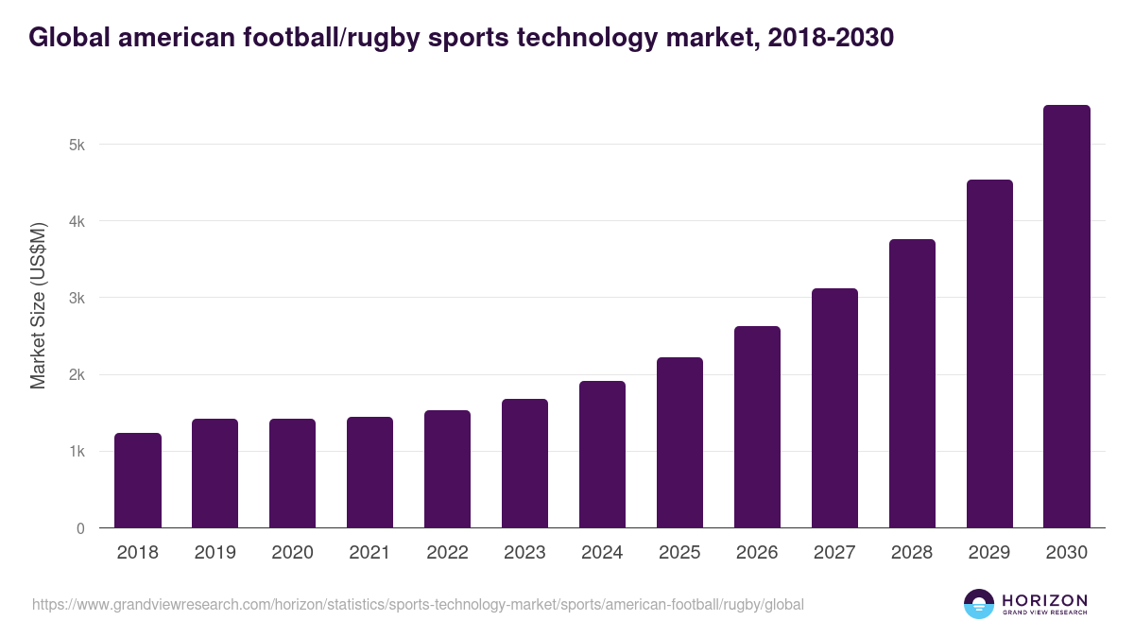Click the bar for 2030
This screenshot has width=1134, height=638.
click(1067, 317)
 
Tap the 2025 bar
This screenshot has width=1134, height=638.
click(679, 442)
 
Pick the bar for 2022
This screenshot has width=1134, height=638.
click(447, 469)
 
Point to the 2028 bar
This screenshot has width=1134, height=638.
click(912, 384)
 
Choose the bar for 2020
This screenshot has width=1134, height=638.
click(292, 474)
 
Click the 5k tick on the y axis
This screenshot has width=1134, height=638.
click(77, 145)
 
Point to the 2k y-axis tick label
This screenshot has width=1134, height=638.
click(77, 375)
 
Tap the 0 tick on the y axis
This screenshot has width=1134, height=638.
click(80, 528)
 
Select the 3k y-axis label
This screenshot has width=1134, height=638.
click(77, 299)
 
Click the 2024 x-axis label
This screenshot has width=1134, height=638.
click(602, 553)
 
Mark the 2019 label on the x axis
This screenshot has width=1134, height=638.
click(215, 553)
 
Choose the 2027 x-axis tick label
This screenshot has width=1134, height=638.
click(834, 553)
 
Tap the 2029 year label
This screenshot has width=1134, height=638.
click(989, 553)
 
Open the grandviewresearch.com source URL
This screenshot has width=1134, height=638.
click(418, 604)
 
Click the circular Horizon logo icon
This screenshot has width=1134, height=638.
click(978, 604)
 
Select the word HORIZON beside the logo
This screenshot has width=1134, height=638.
click(1044, 600)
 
